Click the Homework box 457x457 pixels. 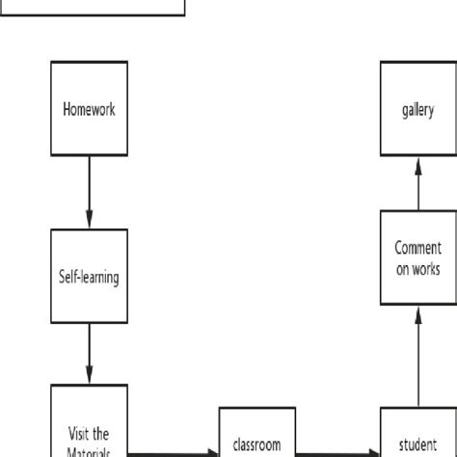(89, 109)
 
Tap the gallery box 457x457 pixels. (417, 109)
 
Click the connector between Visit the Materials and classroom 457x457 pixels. (174, 451)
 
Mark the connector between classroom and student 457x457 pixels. (336, 451)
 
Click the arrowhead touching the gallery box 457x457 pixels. (417, 163)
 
